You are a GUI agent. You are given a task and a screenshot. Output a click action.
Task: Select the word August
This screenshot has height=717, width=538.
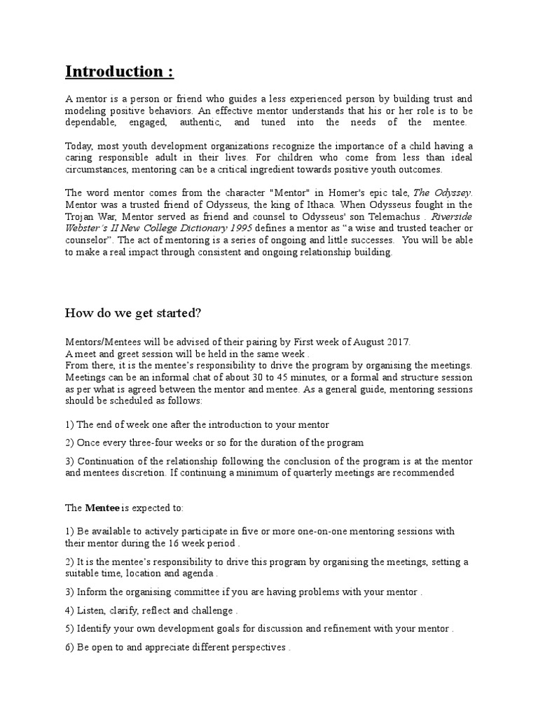(x=364, y=341)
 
